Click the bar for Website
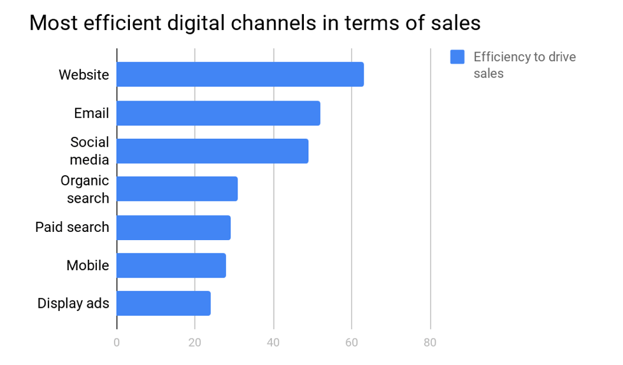pos(240,75)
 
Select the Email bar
pos(218,113)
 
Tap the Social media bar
pos(213,151)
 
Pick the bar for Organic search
pos(177,189)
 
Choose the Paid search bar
pos(174,227)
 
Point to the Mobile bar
pos(171,266)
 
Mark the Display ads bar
pos(164,303)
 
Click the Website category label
pos(83,75)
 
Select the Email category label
pos(91,113)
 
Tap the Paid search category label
pos(72,227)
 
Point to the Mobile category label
pos(87,266)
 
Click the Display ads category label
pos(73,304)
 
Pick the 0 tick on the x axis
pos(117,342)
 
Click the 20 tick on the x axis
pos(195,342)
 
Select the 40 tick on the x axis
pos(273,342)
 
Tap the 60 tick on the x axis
pos(352,342)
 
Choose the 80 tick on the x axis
pos(430,342)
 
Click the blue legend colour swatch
pos(457,57)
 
